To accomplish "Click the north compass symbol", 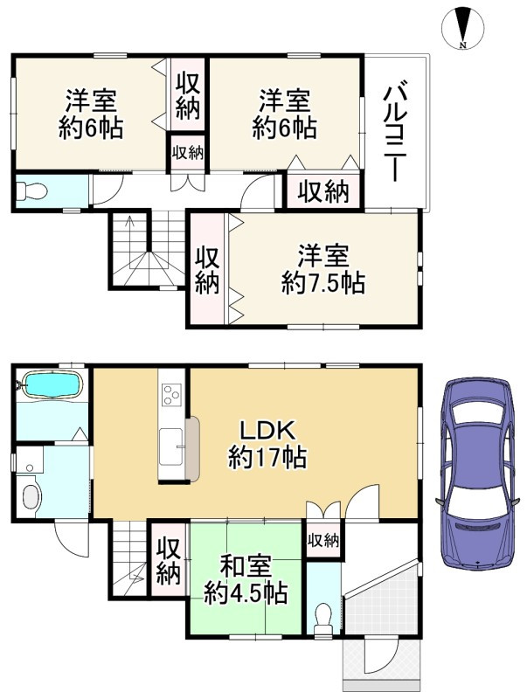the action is (x=462, y=27).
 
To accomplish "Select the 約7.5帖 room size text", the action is (x=322, y=283).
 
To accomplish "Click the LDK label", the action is (x=267, y=431).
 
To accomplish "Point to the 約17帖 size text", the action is (x=267, y=457).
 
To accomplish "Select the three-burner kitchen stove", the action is (x=172, y=395).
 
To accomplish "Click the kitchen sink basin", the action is (x=170, y=446).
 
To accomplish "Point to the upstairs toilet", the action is (x=31, y=191).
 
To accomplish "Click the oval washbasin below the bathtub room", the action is (x=31, y=496).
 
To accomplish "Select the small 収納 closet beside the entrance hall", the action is (x=323, y=541).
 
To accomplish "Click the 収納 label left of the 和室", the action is (x=168, y=561).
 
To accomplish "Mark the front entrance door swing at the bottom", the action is (x=379, y=654).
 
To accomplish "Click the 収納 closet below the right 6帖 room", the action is (x=323, y=192).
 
